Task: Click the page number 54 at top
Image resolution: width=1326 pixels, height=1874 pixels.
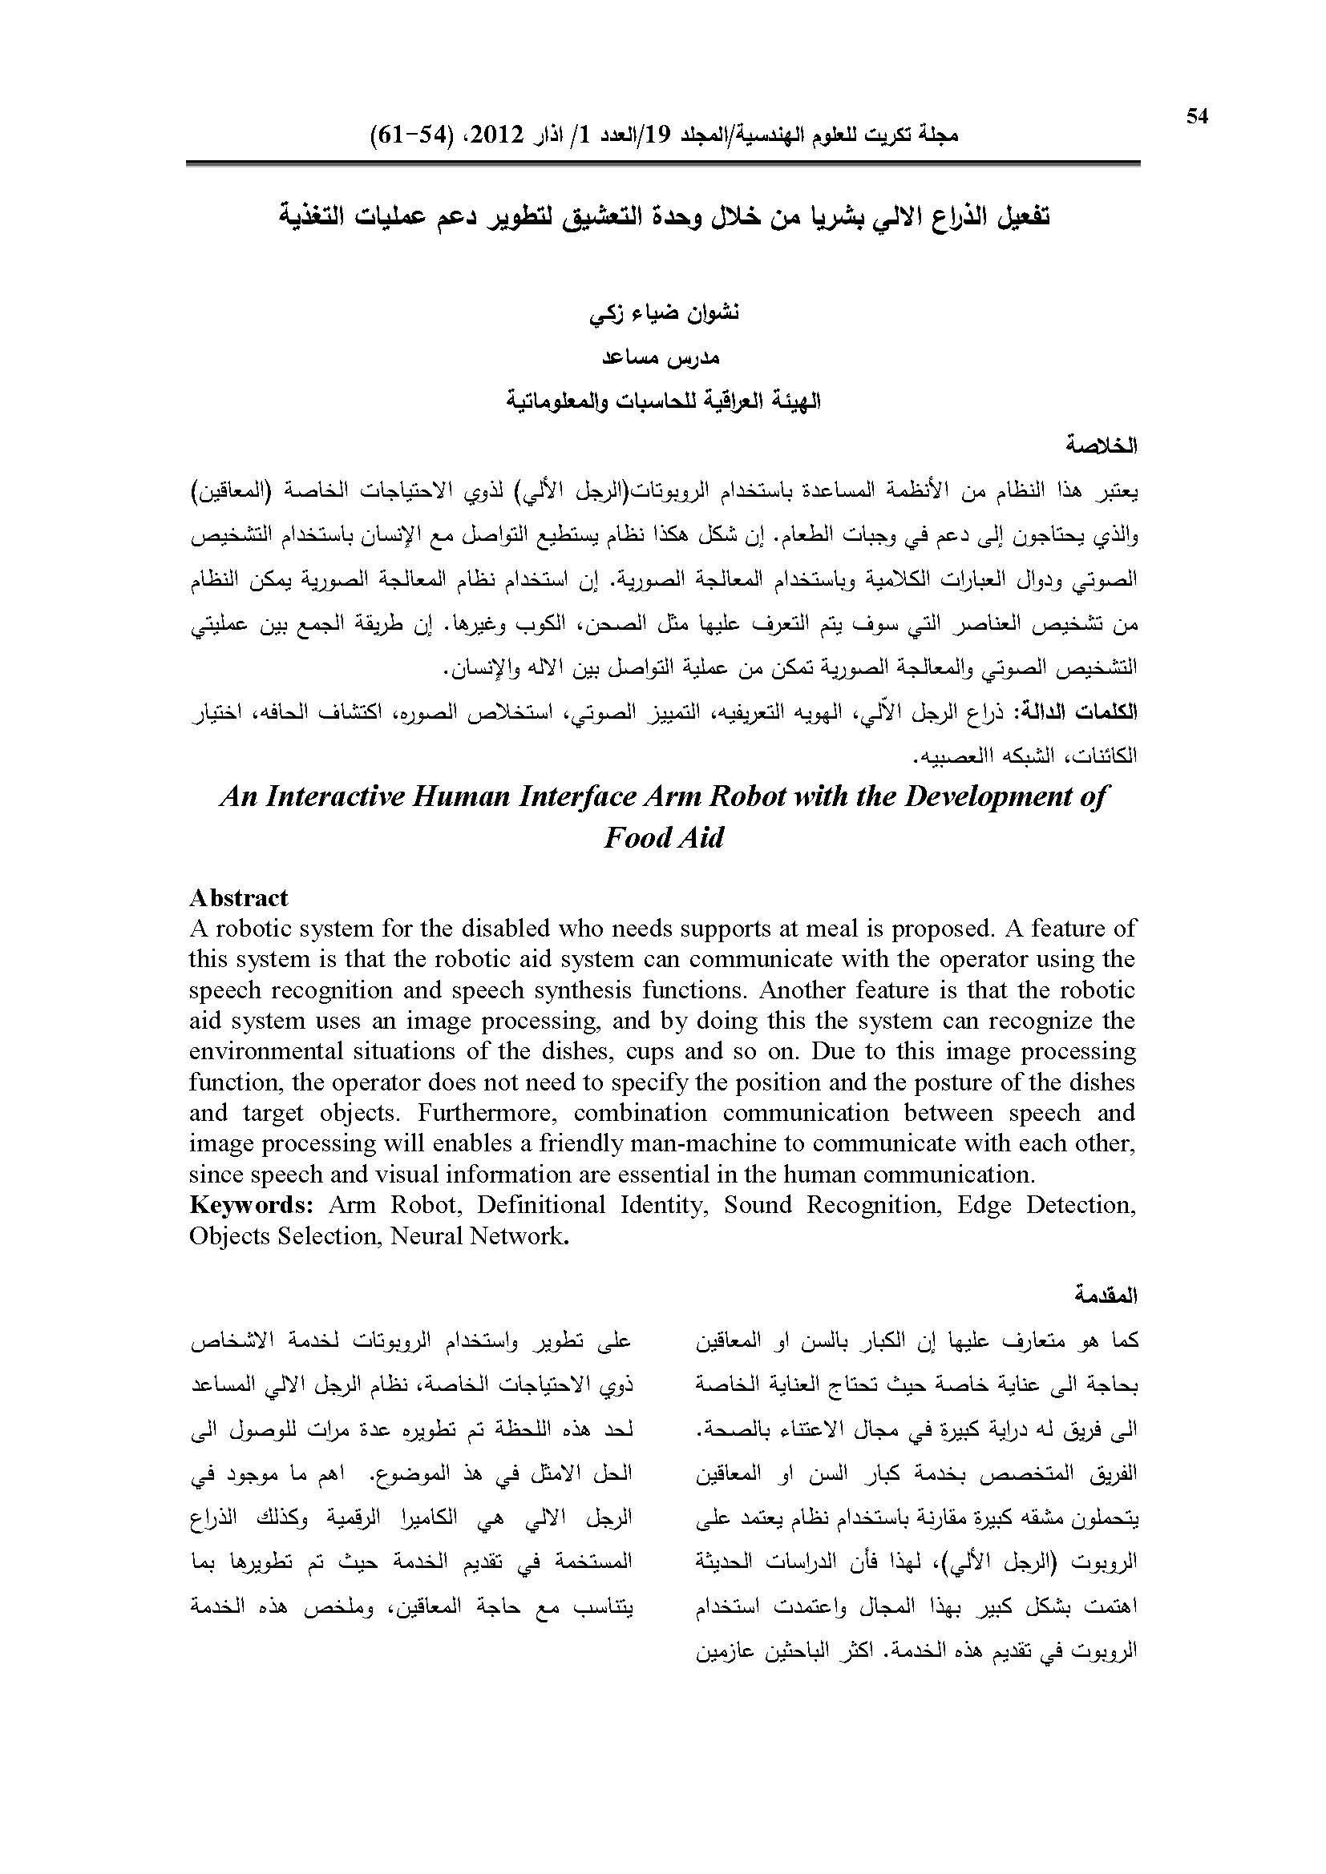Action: [1196, 117]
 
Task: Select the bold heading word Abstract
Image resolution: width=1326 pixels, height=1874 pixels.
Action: [238, 898]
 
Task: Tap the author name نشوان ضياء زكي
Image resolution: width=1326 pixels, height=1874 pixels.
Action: [664, 314]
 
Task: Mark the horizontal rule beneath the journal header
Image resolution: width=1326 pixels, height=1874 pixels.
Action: [662, 163]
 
